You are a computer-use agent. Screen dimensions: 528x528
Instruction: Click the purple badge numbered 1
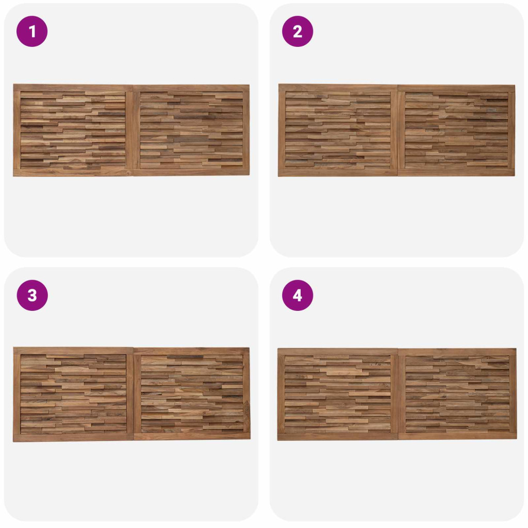coord(32,31)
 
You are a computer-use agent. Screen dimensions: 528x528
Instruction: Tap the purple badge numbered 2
coord(298,31)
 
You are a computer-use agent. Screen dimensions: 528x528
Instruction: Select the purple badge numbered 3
coord(32,295)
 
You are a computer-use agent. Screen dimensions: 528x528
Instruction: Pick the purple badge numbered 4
coord(298,295)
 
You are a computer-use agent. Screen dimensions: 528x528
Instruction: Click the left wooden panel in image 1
coord(73,130)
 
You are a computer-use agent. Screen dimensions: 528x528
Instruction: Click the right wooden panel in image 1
coord(191,130)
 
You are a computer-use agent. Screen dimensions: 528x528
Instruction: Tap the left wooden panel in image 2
coord(338,130)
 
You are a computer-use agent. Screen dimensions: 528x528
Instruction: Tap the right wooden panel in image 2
coord(456,130)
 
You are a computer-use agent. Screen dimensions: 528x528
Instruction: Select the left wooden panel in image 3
coord(73,394)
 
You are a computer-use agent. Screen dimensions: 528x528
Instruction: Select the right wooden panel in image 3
coord(192,394)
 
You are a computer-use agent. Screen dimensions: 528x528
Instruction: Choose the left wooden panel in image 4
coord(338,394)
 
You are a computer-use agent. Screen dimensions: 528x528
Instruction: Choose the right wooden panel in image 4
coord(457,394)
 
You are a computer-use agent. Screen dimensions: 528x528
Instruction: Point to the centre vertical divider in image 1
coord(133,130)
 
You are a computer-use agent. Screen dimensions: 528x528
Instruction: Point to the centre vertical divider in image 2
coord(398,130)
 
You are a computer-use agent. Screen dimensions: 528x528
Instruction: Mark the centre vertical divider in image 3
coord(134,394)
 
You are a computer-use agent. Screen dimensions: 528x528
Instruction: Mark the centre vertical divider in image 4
coord(399,394)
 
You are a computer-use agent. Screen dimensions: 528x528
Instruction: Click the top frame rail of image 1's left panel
coord(73,88)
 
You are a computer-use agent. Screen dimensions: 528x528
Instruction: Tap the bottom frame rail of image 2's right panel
coord(456,173)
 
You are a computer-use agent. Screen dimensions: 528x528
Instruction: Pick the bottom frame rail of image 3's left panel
coord(73,438)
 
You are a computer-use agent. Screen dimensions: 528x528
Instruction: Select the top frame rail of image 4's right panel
coord(457,352)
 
